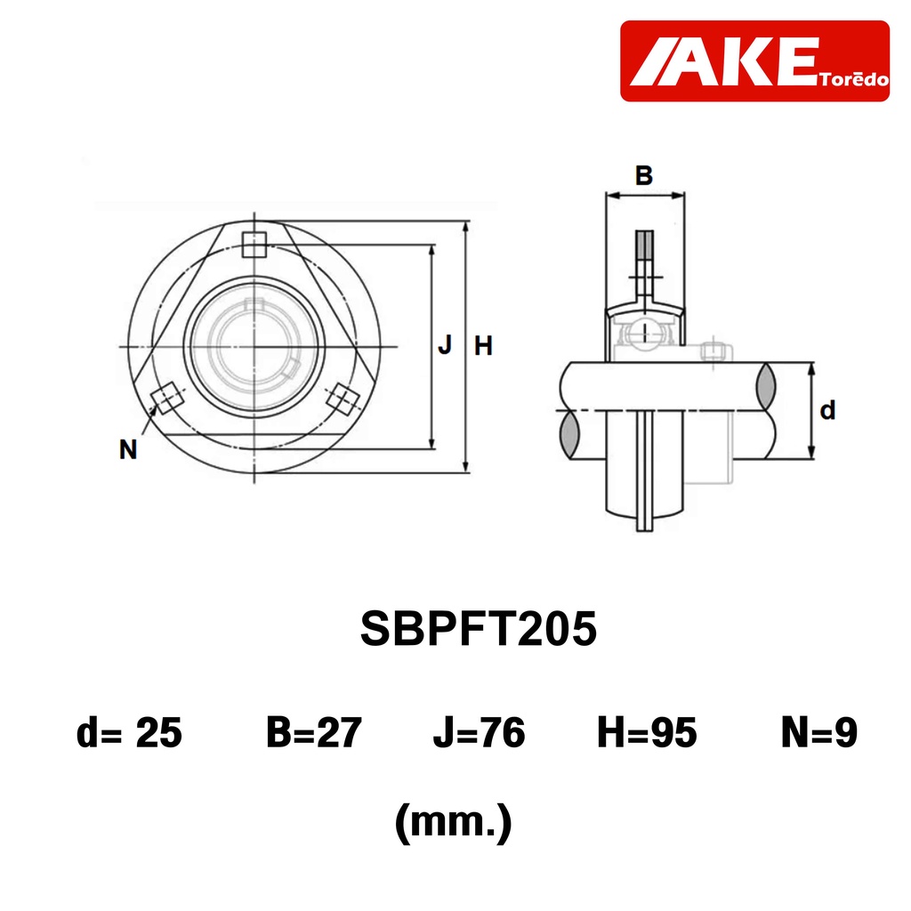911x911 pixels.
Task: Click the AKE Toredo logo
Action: (754, 61)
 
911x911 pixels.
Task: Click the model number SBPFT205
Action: (478, 629)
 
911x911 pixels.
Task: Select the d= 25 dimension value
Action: (129, 732)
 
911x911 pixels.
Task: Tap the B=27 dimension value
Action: (314, 732)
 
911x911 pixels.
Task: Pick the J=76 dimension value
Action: (479, 732)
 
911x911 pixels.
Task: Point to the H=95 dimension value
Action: (647, 732)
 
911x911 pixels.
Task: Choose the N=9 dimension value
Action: (819, 732)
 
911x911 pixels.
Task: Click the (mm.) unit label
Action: (453, 822)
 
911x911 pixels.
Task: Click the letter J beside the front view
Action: (445, 345)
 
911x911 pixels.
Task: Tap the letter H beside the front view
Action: (483, 346)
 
